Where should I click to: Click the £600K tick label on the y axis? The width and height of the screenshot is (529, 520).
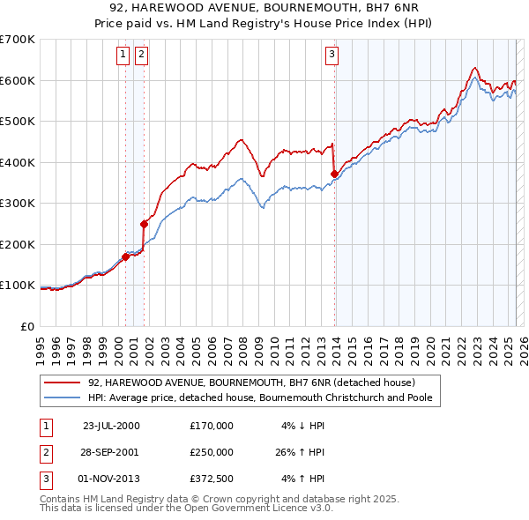click(18, 80)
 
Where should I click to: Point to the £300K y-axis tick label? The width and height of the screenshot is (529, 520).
click(18, 204)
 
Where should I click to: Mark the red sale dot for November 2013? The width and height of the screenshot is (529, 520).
click(334, 174)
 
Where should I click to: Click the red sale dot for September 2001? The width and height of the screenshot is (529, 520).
click(144, 224)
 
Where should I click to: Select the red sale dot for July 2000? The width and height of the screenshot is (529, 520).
click(125, 256)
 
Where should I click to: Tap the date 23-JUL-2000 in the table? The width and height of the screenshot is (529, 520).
click(111, 425)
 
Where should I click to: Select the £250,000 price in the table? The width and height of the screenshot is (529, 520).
click(212, 452)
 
